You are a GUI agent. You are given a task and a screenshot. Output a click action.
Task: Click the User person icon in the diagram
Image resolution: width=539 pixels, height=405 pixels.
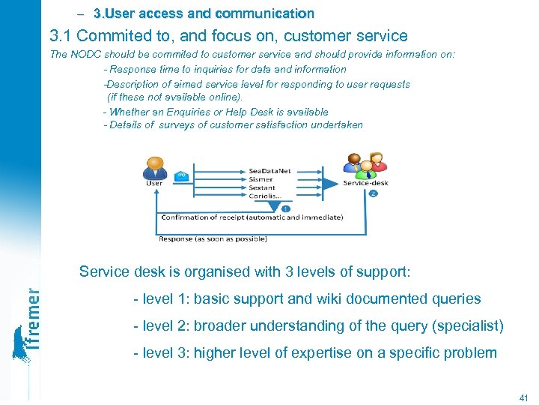coord(154,167)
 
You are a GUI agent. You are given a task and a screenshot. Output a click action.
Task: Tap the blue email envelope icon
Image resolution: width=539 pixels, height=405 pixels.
coord(180,176)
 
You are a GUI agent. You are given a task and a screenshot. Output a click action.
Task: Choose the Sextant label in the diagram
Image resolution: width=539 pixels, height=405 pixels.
coord(262,188)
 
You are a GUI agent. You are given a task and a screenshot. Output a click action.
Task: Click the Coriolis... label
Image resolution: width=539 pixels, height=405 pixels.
coord(264,196)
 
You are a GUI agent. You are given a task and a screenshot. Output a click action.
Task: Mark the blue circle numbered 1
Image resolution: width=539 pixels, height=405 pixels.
coord(286,208)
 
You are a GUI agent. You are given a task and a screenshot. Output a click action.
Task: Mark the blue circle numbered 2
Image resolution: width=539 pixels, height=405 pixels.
coord(373,193)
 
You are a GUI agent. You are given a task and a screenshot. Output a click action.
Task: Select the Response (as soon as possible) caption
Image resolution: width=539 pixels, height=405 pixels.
coord(213,239)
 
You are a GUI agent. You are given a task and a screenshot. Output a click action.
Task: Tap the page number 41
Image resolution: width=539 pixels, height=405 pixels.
coord(523,397)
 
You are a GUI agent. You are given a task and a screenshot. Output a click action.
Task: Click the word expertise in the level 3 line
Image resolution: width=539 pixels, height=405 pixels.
coord(347,352)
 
